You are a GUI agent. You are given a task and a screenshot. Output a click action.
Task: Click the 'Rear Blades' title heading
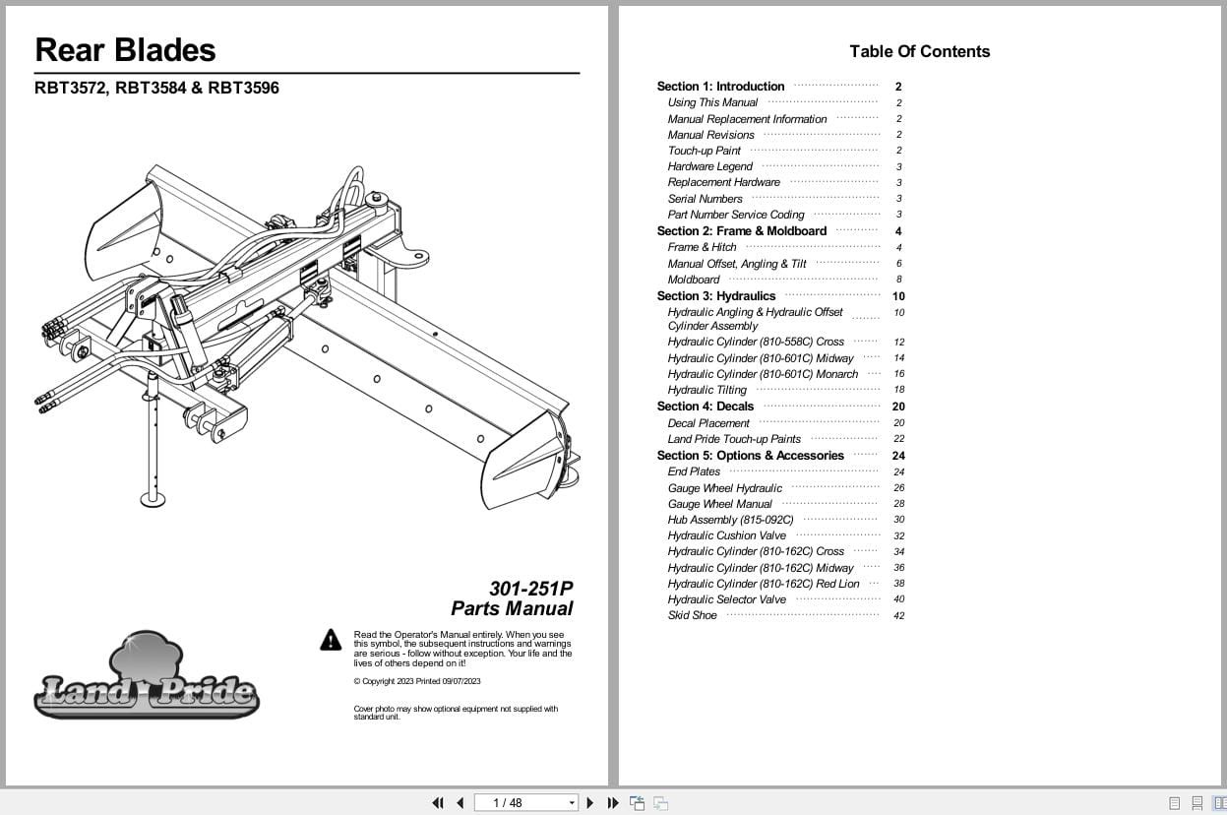pos(125,49)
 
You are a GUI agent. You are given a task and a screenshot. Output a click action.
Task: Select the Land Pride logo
pos(147,678)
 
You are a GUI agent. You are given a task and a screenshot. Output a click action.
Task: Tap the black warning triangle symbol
pos(331,641)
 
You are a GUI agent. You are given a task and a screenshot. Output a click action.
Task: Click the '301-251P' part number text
pos(530,589)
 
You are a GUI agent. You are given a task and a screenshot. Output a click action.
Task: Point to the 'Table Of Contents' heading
pos(919,51)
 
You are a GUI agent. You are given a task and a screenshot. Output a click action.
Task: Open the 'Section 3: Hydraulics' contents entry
pos(716,295)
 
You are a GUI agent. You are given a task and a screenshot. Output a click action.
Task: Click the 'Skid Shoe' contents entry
pos(692,615)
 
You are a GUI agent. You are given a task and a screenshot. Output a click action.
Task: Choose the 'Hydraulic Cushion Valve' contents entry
pos(726,535)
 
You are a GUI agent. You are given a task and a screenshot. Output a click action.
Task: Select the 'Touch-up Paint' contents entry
pos(704,151)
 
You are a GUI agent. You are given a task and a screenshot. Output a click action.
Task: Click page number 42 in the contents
pos(898,616)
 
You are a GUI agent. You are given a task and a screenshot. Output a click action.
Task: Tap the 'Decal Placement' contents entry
pos(708,423)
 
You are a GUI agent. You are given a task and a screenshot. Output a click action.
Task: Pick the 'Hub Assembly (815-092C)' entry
pos(730,520)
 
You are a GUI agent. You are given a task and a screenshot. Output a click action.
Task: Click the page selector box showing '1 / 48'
pos(526,803)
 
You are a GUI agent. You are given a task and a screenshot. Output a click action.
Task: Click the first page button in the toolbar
pos(438,803)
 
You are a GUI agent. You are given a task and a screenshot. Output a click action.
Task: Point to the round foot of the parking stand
pos(153,498)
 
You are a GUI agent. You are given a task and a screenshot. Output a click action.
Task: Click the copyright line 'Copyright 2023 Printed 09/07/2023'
pos(417,681)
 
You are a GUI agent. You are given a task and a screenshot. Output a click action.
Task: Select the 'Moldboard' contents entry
pos(694,280)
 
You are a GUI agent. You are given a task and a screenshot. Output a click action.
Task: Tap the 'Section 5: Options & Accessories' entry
pos(750,455)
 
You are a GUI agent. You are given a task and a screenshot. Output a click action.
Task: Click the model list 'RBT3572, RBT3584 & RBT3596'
pos(156,88)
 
